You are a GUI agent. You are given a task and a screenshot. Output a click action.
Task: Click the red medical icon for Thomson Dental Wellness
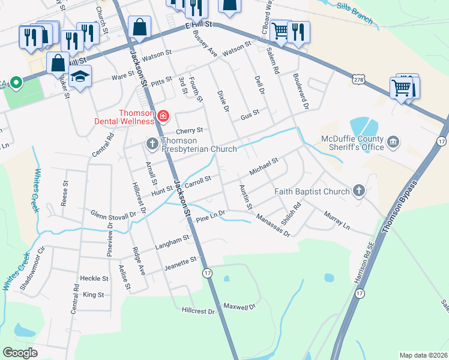point(163,115)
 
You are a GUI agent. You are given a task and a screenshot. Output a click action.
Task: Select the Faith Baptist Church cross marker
point(359,191)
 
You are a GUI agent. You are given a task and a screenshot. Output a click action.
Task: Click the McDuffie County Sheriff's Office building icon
point(394,142)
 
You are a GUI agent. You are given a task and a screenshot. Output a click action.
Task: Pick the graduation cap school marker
point(79,77)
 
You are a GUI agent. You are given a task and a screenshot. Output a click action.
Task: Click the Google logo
point(20,352)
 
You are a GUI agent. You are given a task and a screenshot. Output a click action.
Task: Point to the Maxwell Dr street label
point(240,307)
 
